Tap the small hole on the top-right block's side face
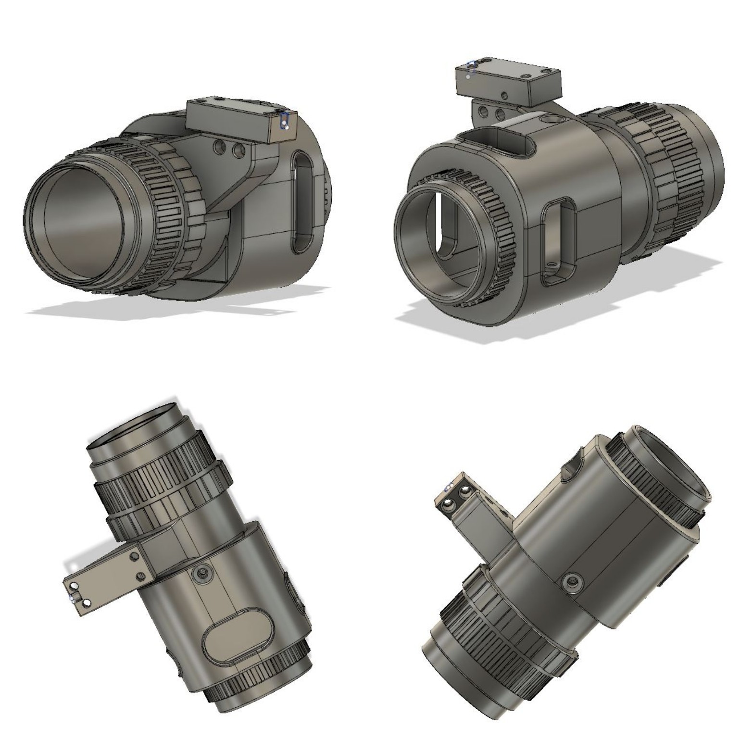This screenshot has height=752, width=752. click(504, 95)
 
